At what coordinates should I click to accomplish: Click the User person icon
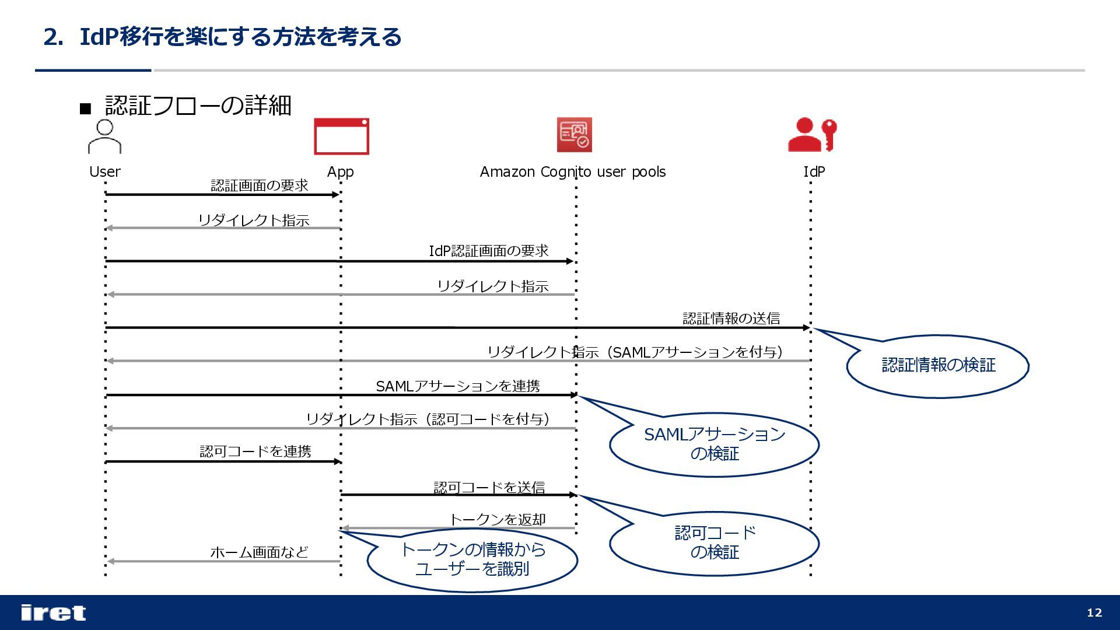pyautogui.click(x=104, y=136)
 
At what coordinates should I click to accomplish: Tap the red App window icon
pyautogui.click(x=341, y=136)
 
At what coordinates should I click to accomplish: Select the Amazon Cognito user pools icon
pyautogui.click(x=574, y=135)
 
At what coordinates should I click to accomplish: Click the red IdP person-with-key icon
pyautogui.click(x=812, y=135)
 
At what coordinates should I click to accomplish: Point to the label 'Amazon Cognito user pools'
pyautogui.click(x=572, y=172)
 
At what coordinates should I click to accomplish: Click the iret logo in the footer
pyautogui.click(x=53, y=612)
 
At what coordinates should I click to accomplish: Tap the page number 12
pyautogui.click(x=1094, y=612)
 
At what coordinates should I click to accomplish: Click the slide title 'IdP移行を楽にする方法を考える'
pyautogui.click(x=240, y=37)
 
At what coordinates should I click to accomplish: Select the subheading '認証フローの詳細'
pyautogui.click(x=198, y=106)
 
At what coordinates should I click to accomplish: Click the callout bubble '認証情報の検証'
pyautogui.click(x=938, y=366)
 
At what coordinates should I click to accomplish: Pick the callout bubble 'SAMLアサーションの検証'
pyautogui.click(x=714, y=444)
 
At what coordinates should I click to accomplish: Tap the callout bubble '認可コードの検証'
pyautogui.click(x=714, y=542)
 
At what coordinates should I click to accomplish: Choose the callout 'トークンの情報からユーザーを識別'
pyautogui.click(x=472, y=559)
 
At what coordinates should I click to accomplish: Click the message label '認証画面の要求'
pyautogui.click(x=259, y=185)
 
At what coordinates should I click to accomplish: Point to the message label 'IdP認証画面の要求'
pyautogui.click(x=489, y=251)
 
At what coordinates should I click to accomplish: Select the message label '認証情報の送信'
pyautogui.click(x=731, y=318)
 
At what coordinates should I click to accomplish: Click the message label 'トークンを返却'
pyautogui.click(x=497, y=520)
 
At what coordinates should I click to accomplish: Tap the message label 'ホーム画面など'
pyautogui.click(x=259, y=552)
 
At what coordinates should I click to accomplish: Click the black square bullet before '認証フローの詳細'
pyautogui.click(x=86, y=108)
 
